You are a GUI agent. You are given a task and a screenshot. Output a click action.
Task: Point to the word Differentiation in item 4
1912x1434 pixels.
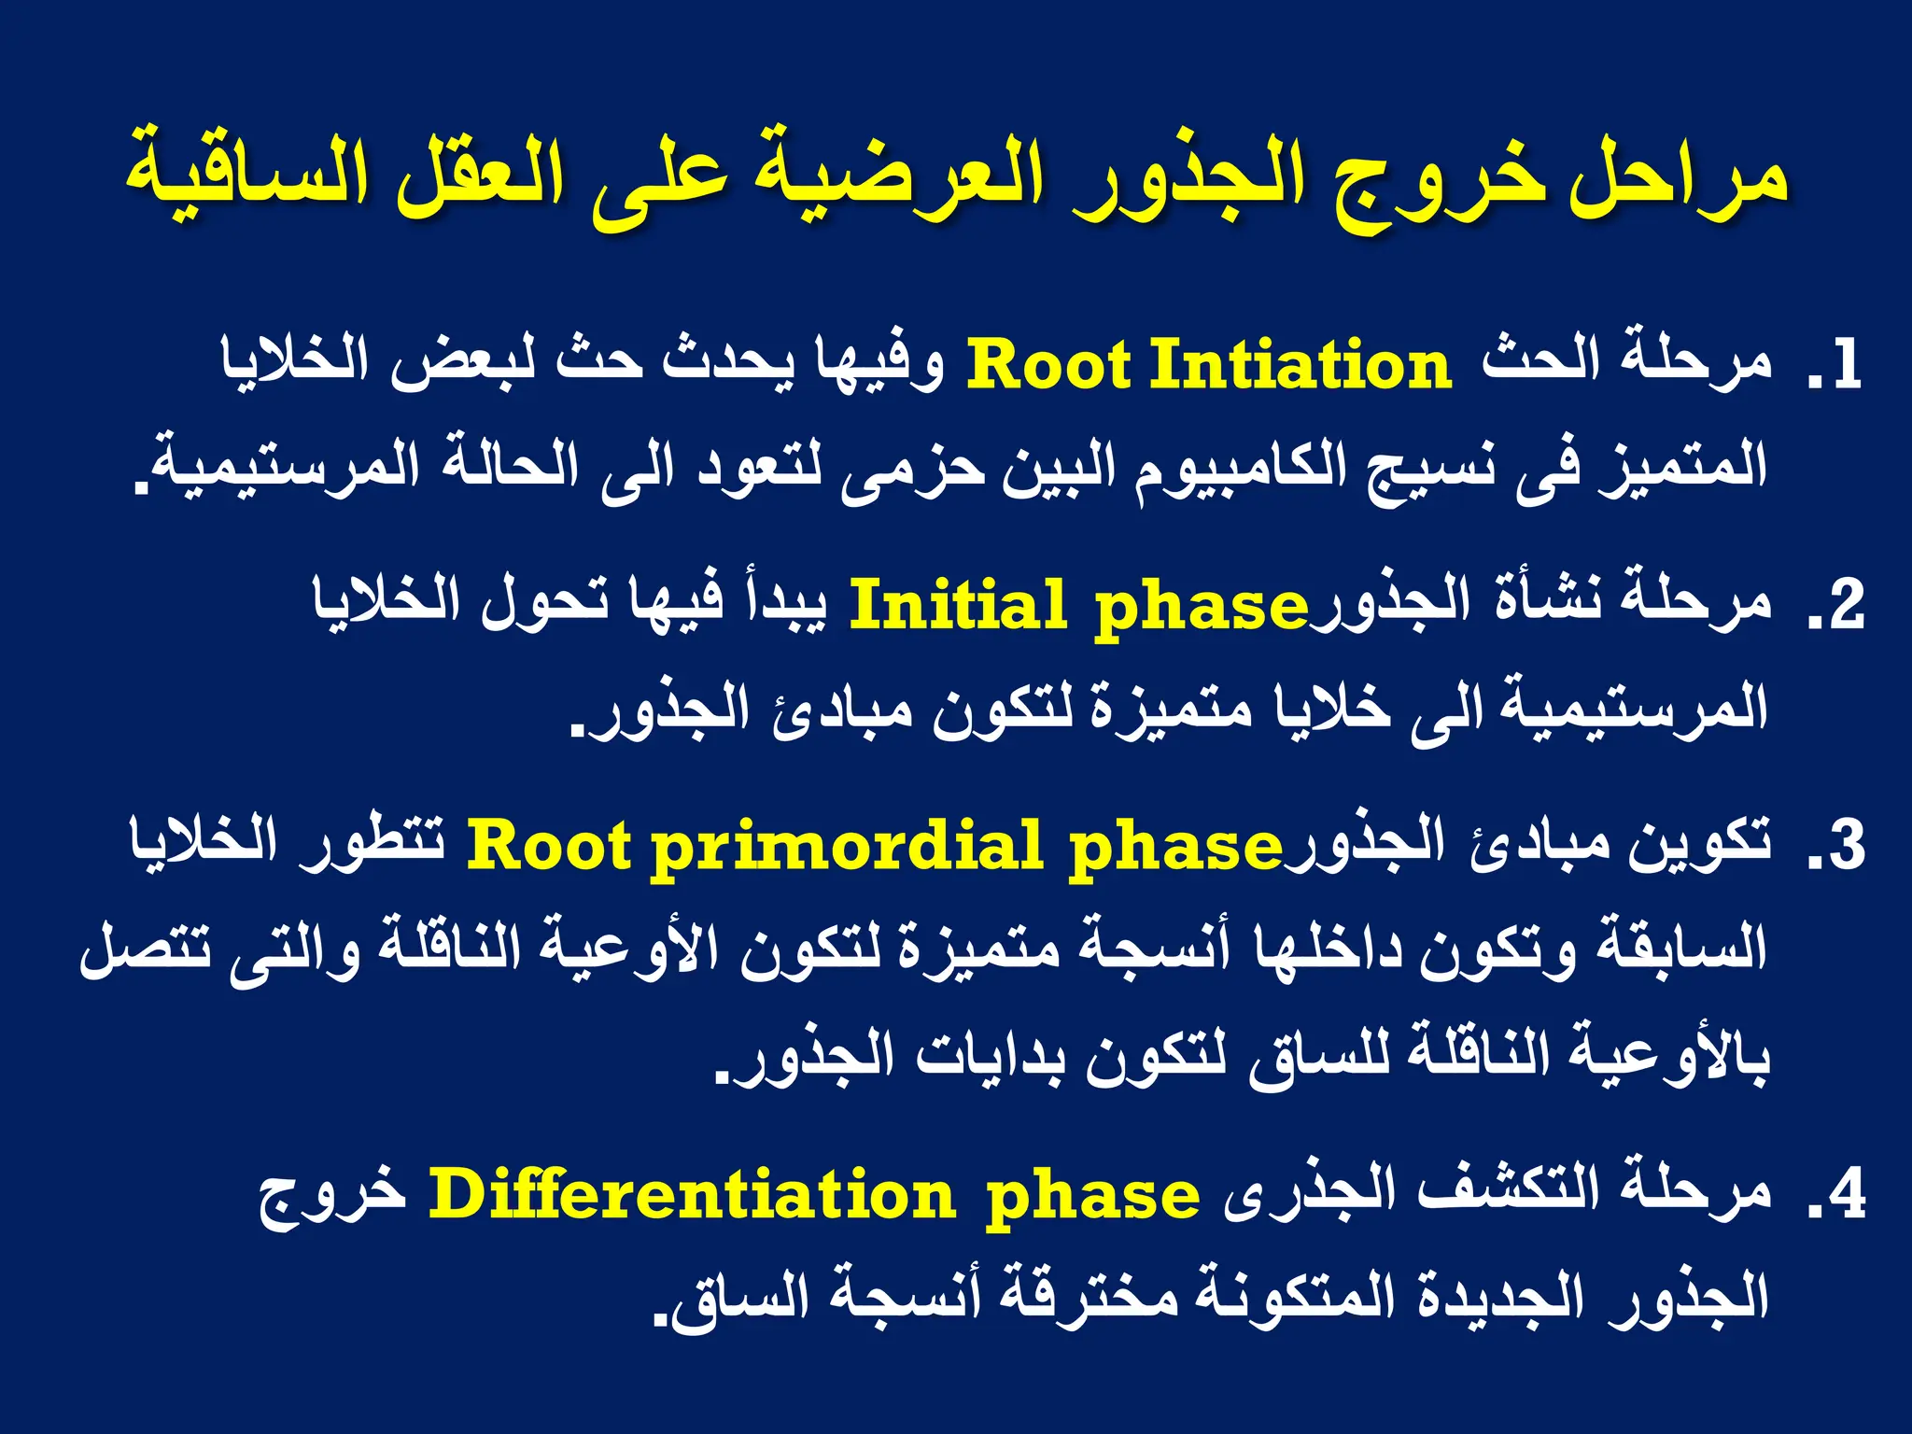[692, 1196]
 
